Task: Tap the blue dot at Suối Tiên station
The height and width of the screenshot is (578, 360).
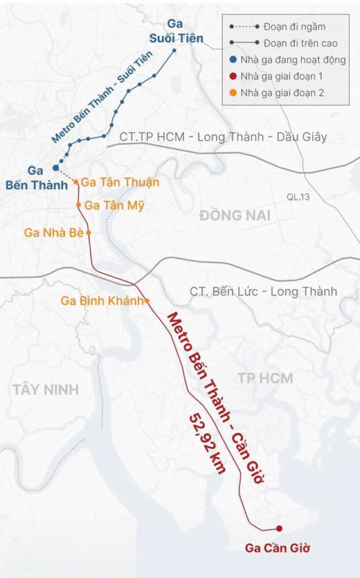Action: point(174,50)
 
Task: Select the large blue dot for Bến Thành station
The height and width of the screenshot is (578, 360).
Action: point(55,168)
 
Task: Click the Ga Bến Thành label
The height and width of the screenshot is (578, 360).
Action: point(36,177)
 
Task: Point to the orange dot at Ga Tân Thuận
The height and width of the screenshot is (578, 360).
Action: point(76,182)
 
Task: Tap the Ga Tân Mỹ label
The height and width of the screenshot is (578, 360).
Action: point(115,205)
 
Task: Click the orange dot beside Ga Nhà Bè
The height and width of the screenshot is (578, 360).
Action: point(89,232)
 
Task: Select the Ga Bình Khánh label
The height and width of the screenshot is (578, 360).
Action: point(102,301)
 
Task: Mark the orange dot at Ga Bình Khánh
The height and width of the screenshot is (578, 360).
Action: point(147,301)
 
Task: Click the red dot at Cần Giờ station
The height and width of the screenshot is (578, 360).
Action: point(279,528)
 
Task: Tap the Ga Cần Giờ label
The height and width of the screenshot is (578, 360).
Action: point(278,548)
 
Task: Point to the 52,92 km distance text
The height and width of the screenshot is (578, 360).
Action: point(208,443)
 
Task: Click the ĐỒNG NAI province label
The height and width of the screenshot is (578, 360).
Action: point(234,216)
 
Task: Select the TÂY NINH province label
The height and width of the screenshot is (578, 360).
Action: point(46,389)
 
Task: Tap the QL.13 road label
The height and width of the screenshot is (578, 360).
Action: point(298,197)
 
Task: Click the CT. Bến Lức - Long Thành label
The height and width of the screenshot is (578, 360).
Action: point(263,291)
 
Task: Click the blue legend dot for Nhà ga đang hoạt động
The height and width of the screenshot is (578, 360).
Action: point(232,60)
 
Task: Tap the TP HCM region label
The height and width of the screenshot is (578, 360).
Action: point(265,378)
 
